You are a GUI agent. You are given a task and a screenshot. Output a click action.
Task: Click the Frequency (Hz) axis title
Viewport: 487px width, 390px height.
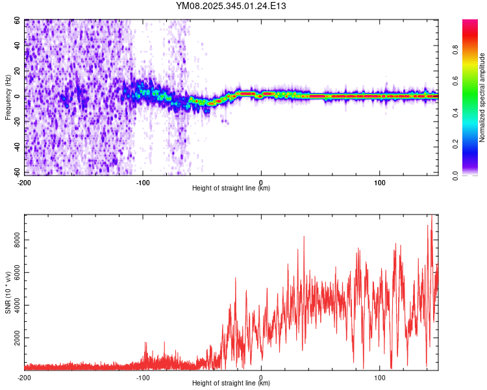pos(8,97)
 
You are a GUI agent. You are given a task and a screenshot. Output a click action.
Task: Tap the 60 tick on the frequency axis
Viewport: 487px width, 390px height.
pos(17,21)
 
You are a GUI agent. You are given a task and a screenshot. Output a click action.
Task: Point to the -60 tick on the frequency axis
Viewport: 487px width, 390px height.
pos(17,173)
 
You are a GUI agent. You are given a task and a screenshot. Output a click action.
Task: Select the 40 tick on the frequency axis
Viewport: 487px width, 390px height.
pos(17,46)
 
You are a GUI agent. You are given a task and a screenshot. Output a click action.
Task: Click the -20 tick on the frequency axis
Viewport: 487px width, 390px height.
pos(17,122)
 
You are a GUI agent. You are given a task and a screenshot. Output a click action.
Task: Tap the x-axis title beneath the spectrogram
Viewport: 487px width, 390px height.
pos(231,188)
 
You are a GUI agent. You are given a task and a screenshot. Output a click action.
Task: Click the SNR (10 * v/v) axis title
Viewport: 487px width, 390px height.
pos(8,292)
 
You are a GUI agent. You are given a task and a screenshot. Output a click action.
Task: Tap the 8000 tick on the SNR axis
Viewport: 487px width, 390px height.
pos(14,240)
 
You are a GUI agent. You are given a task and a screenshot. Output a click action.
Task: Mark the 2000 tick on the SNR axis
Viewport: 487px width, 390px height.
pos(14,338)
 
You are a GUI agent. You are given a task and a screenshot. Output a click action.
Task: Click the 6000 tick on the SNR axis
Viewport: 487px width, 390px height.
pos(14,273)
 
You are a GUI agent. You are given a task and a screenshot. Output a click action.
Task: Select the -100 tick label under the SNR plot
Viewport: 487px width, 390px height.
pos(143,377)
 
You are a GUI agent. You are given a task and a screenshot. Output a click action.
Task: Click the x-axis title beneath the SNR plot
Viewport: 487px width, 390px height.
pos(231,383)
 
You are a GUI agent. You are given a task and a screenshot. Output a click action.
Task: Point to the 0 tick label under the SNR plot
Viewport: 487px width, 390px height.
pos(261,377)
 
